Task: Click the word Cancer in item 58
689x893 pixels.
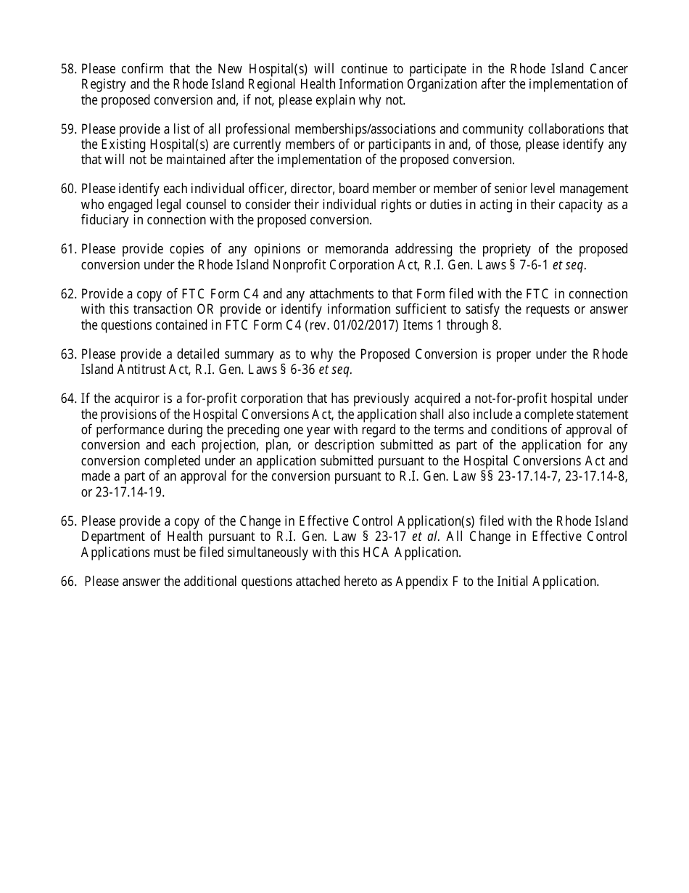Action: [609, 69]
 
